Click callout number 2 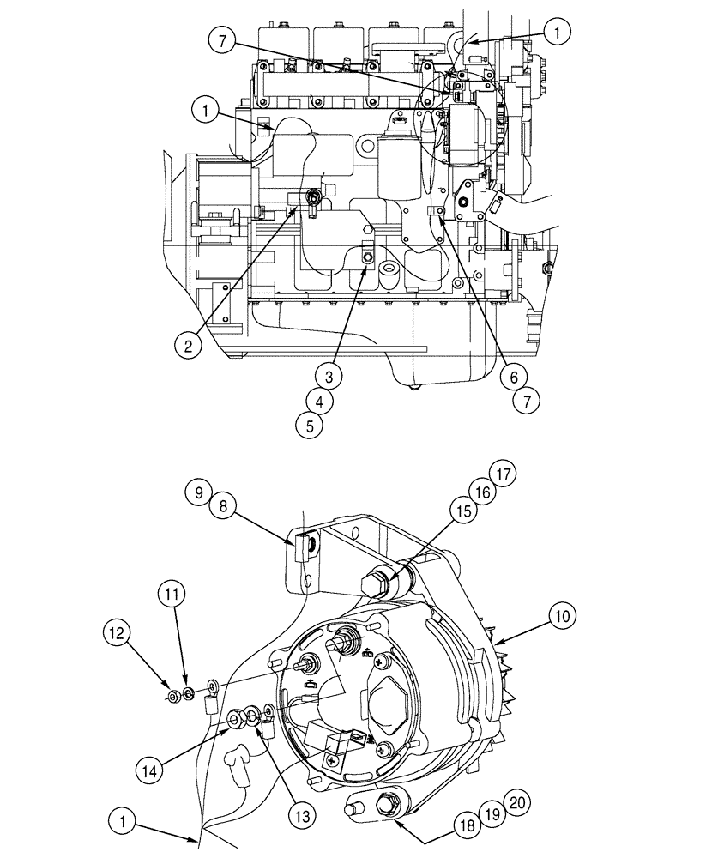(190, 346)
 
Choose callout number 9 (198, 492)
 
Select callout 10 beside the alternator (564, 615)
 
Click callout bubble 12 (118, 634)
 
